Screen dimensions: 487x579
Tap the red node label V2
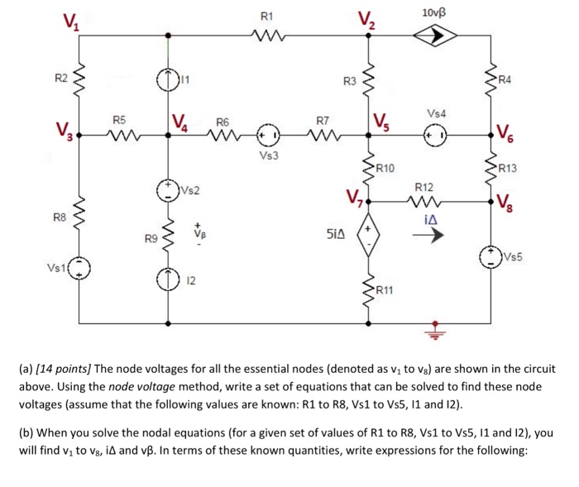coord(365,19)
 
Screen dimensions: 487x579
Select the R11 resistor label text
coord(386,289)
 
